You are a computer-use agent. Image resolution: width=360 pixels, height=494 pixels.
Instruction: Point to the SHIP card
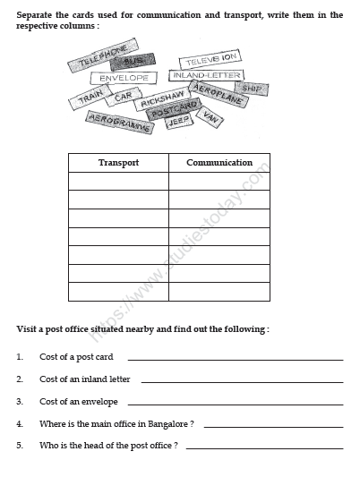tap(251, 89)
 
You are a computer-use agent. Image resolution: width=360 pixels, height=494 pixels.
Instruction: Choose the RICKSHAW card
tap(162, 99)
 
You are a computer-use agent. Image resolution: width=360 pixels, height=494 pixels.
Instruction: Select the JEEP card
tap(178, 123)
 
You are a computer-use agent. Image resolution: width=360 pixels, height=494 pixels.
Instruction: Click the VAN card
tap(211, 116)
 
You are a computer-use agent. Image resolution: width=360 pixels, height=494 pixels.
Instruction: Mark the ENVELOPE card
tap(124, 79)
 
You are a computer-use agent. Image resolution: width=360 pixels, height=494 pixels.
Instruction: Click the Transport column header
tap(117, 163)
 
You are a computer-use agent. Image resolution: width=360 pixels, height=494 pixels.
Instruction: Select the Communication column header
tap(219, 163)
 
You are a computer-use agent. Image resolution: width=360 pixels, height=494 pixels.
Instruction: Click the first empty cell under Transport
tap(117, 182)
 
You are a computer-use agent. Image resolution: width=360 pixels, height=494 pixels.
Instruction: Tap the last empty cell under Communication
tap(219, 292)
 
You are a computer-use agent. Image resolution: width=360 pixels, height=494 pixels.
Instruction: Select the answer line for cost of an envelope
tap(235, 404)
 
